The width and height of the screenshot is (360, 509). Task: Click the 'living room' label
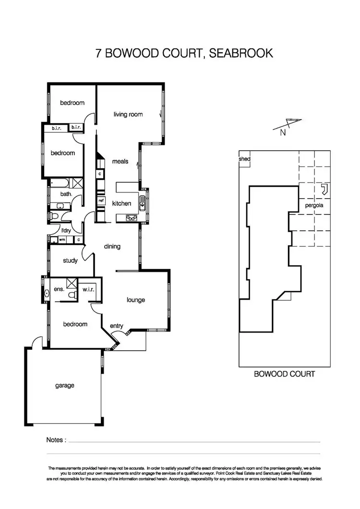pos(128,115)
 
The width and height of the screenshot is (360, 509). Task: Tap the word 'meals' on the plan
pos(120,161)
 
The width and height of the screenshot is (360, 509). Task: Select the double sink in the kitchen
pos(143,203)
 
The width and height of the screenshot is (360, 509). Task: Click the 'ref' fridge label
pos(101,201)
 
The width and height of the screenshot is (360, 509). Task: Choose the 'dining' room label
pos(112,247)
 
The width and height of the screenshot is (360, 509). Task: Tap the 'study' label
pos(70,261)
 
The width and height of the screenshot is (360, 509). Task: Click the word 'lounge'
pos(136,300)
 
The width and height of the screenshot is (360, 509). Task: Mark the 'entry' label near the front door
pos(117,326)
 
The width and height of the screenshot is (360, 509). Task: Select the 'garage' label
pos(64,385)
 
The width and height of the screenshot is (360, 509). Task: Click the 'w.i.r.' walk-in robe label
pos(88,289)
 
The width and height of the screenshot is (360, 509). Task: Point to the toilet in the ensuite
pos(72,295)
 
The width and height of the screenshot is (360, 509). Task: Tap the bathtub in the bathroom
pos(59,183)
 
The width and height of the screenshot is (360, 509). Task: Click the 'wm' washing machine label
pos(61,239)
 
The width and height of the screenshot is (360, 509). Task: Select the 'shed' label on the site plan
pos(244,159)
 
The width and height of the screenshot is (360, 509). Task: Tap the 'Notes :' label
pos(56,439)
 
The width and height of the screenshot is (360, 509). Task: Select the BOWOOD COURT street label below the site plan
pos(284,374)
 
